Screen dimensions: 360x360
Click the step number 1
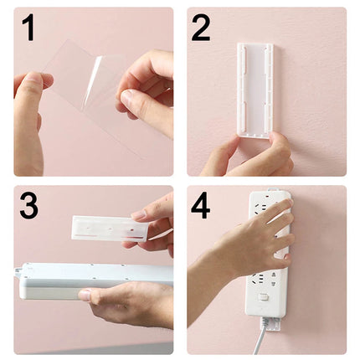coord(28,28)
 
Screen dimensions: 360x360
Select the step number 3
coord(28,205)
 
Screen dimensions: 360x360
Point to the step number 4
coord(202,205)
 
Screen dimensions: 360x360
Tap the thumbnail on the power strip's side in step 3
coord(86,295)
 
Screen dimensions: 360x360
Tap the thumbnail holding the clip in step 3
coord(139,216)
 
